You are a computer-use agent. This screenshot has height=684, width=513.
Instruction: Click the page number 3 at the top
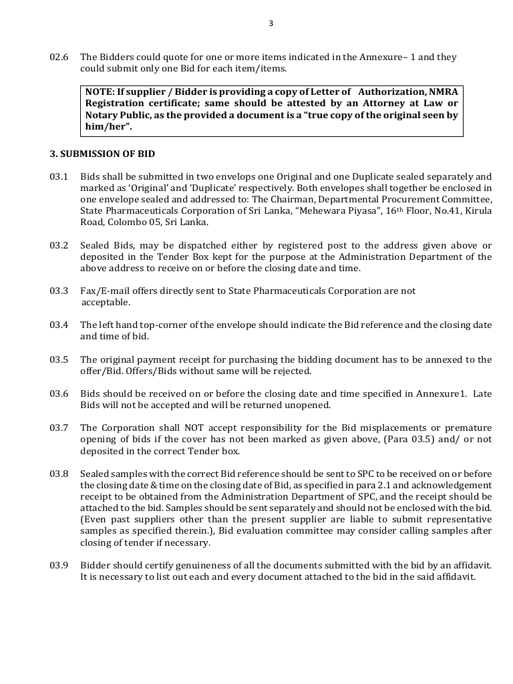click(x=271, y=23)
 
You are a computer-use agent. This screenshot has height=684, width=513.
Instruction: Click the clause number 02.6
click(x=59, y=57)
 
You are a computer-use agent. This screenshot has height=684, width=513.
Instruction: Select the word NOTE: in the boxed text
click(x=100, y=92)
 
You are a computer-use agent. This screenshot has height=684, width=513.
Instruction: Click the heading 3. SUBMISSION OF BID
click(x=102, y=154)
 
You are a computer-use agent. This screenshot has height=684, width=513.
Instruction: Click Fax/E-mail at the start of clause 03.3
click(x=104, y=291)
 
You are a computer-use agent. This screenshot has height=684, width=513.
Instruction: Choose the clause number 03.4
click(x=59, y=325)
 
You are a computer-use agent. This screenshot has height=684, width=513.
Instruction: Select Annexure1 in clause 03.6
click(x=442, y=394)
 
